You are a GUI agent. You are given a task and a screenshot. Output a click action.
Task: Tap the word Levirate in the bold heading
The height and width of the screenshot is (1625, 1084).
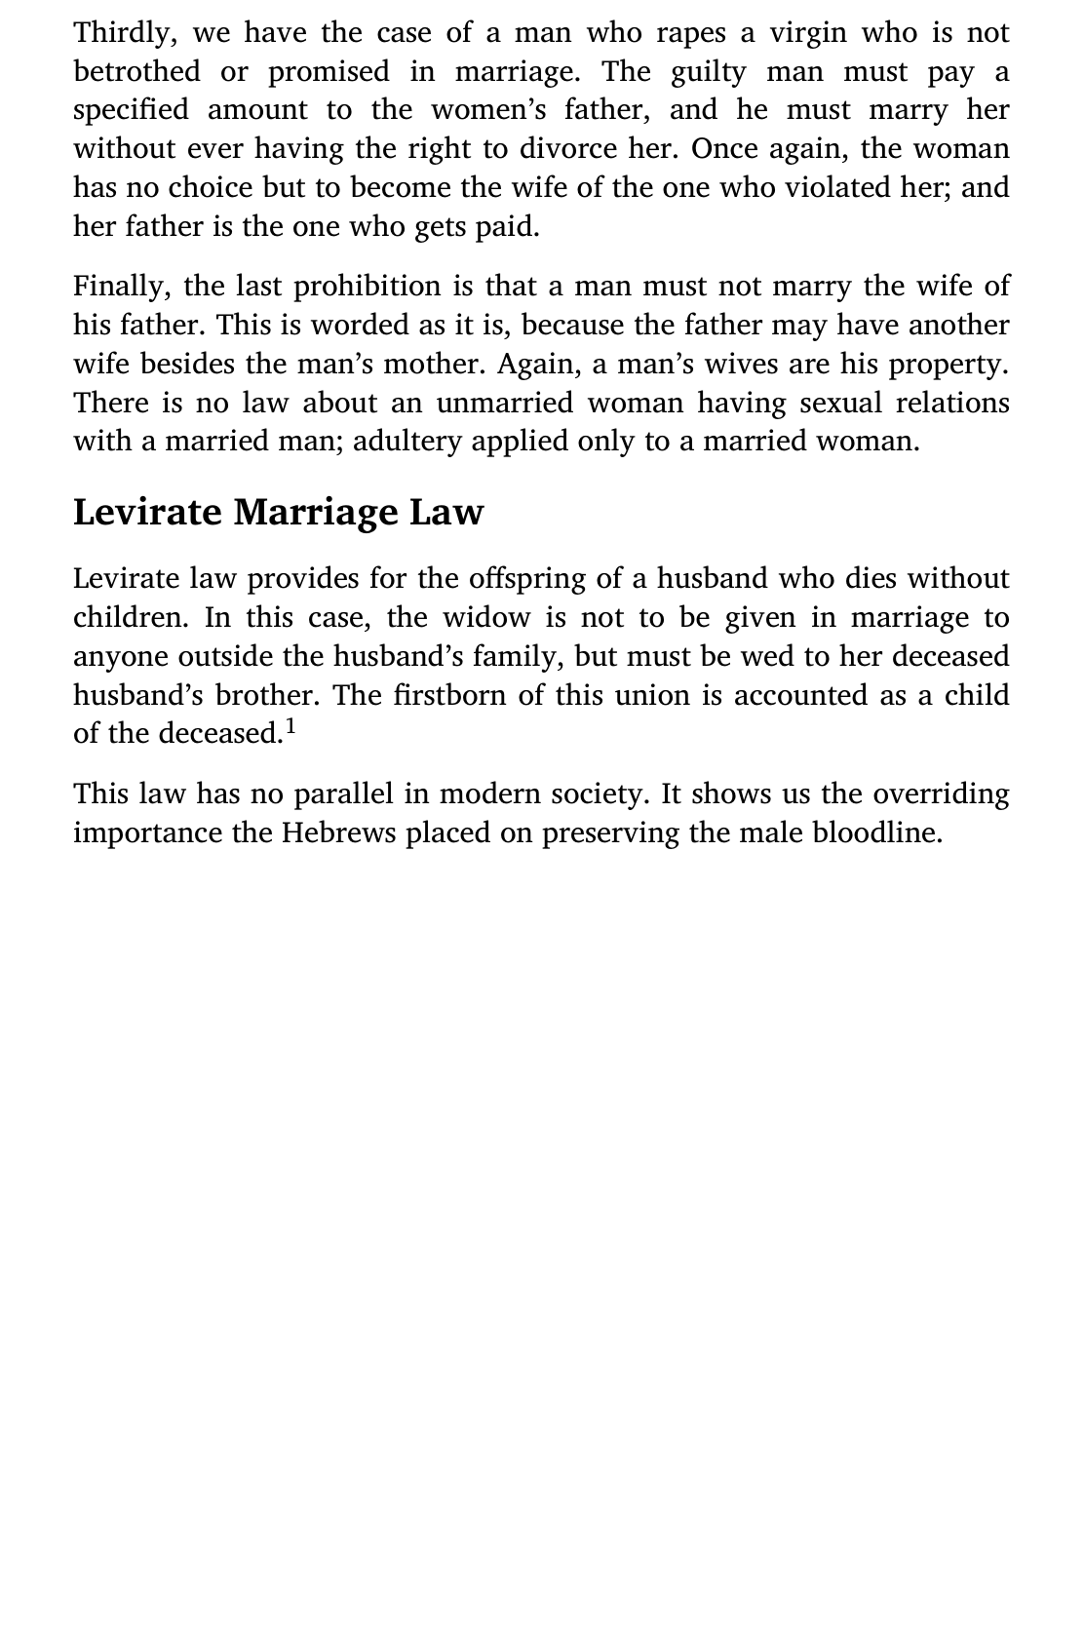click(x=147, y=513)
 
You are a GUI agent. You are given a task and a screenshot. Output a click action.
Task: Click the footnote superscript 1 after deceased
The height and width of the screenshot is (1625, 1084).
click(x=290, y=727)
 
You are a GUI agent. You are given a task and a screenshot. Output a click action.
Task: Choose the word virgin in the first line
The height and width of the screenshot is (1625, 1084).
click(x=808, y=33)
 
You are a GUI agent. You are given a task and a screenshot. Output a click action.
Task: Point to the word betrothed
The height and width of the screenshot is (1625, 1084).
click(x=135, y=72)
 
